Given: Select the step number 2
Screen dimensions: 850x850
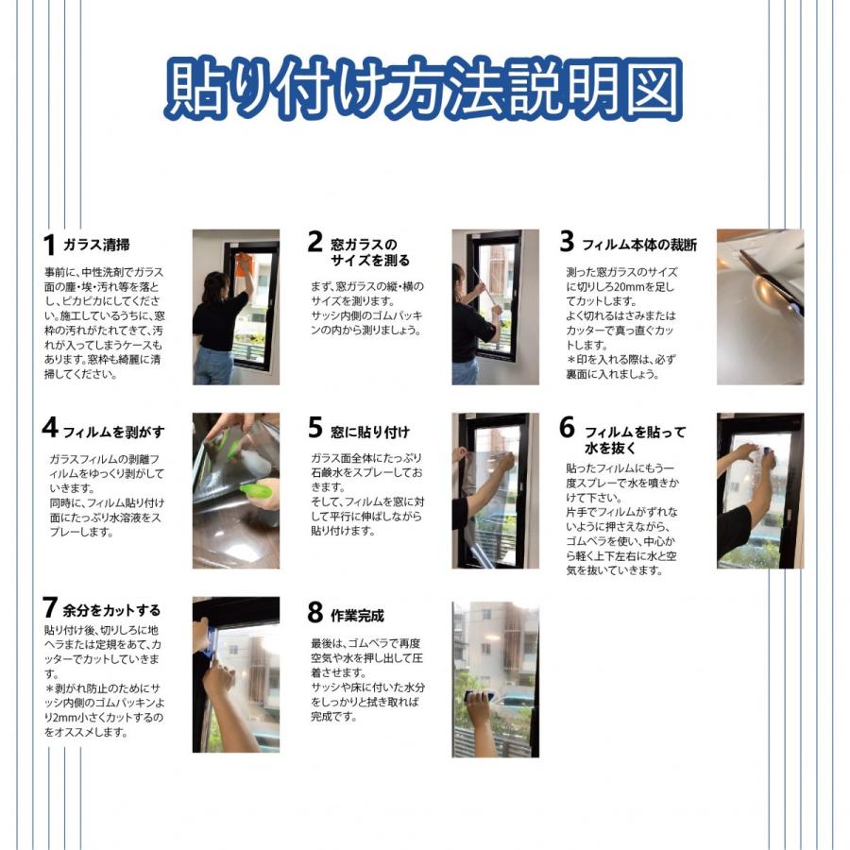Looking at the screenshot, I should coord(314,242).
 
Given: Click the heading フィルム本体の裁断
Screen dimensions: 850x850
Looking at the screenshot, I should coord(639,245).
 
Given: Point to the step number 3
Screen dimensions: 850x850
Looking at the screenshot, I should coord(567,242).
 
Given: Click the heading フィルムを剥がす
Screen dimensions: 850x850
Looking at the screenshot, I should coord(113,432).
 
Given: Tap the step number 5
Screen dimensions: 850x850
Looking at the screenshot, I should coord(314,428).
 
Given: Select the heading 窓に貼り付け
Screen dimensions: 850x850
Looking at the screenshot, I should coord(370,432).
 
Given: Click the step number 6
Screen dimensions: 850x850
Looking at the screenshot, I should coord(567,428).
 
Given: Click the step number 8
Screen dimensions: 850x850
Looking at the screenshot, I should coord(314,613).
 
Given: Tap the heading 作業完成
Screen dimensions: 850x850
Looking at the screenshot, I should coord(358,616).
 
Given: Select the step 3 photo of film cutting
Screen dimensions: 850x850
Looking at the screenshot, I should coord(759,306).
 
